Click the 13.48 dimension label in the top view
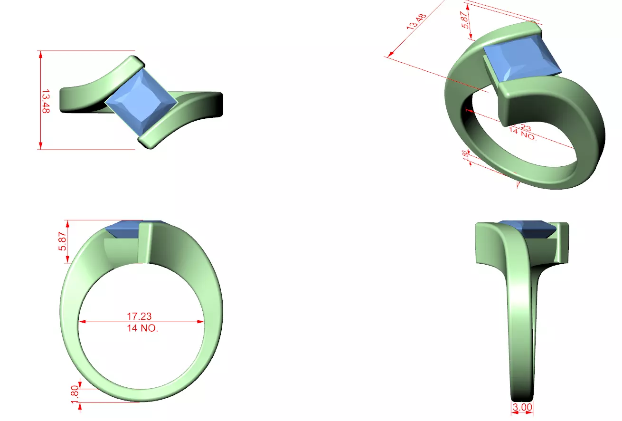[46, 100]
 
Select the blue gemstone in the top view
[141, 103]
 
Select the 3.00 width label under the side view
[522, 407]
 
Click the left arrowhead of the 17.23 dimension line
[81, 322]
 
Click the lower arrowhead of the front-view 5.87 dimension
[68, 259]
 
